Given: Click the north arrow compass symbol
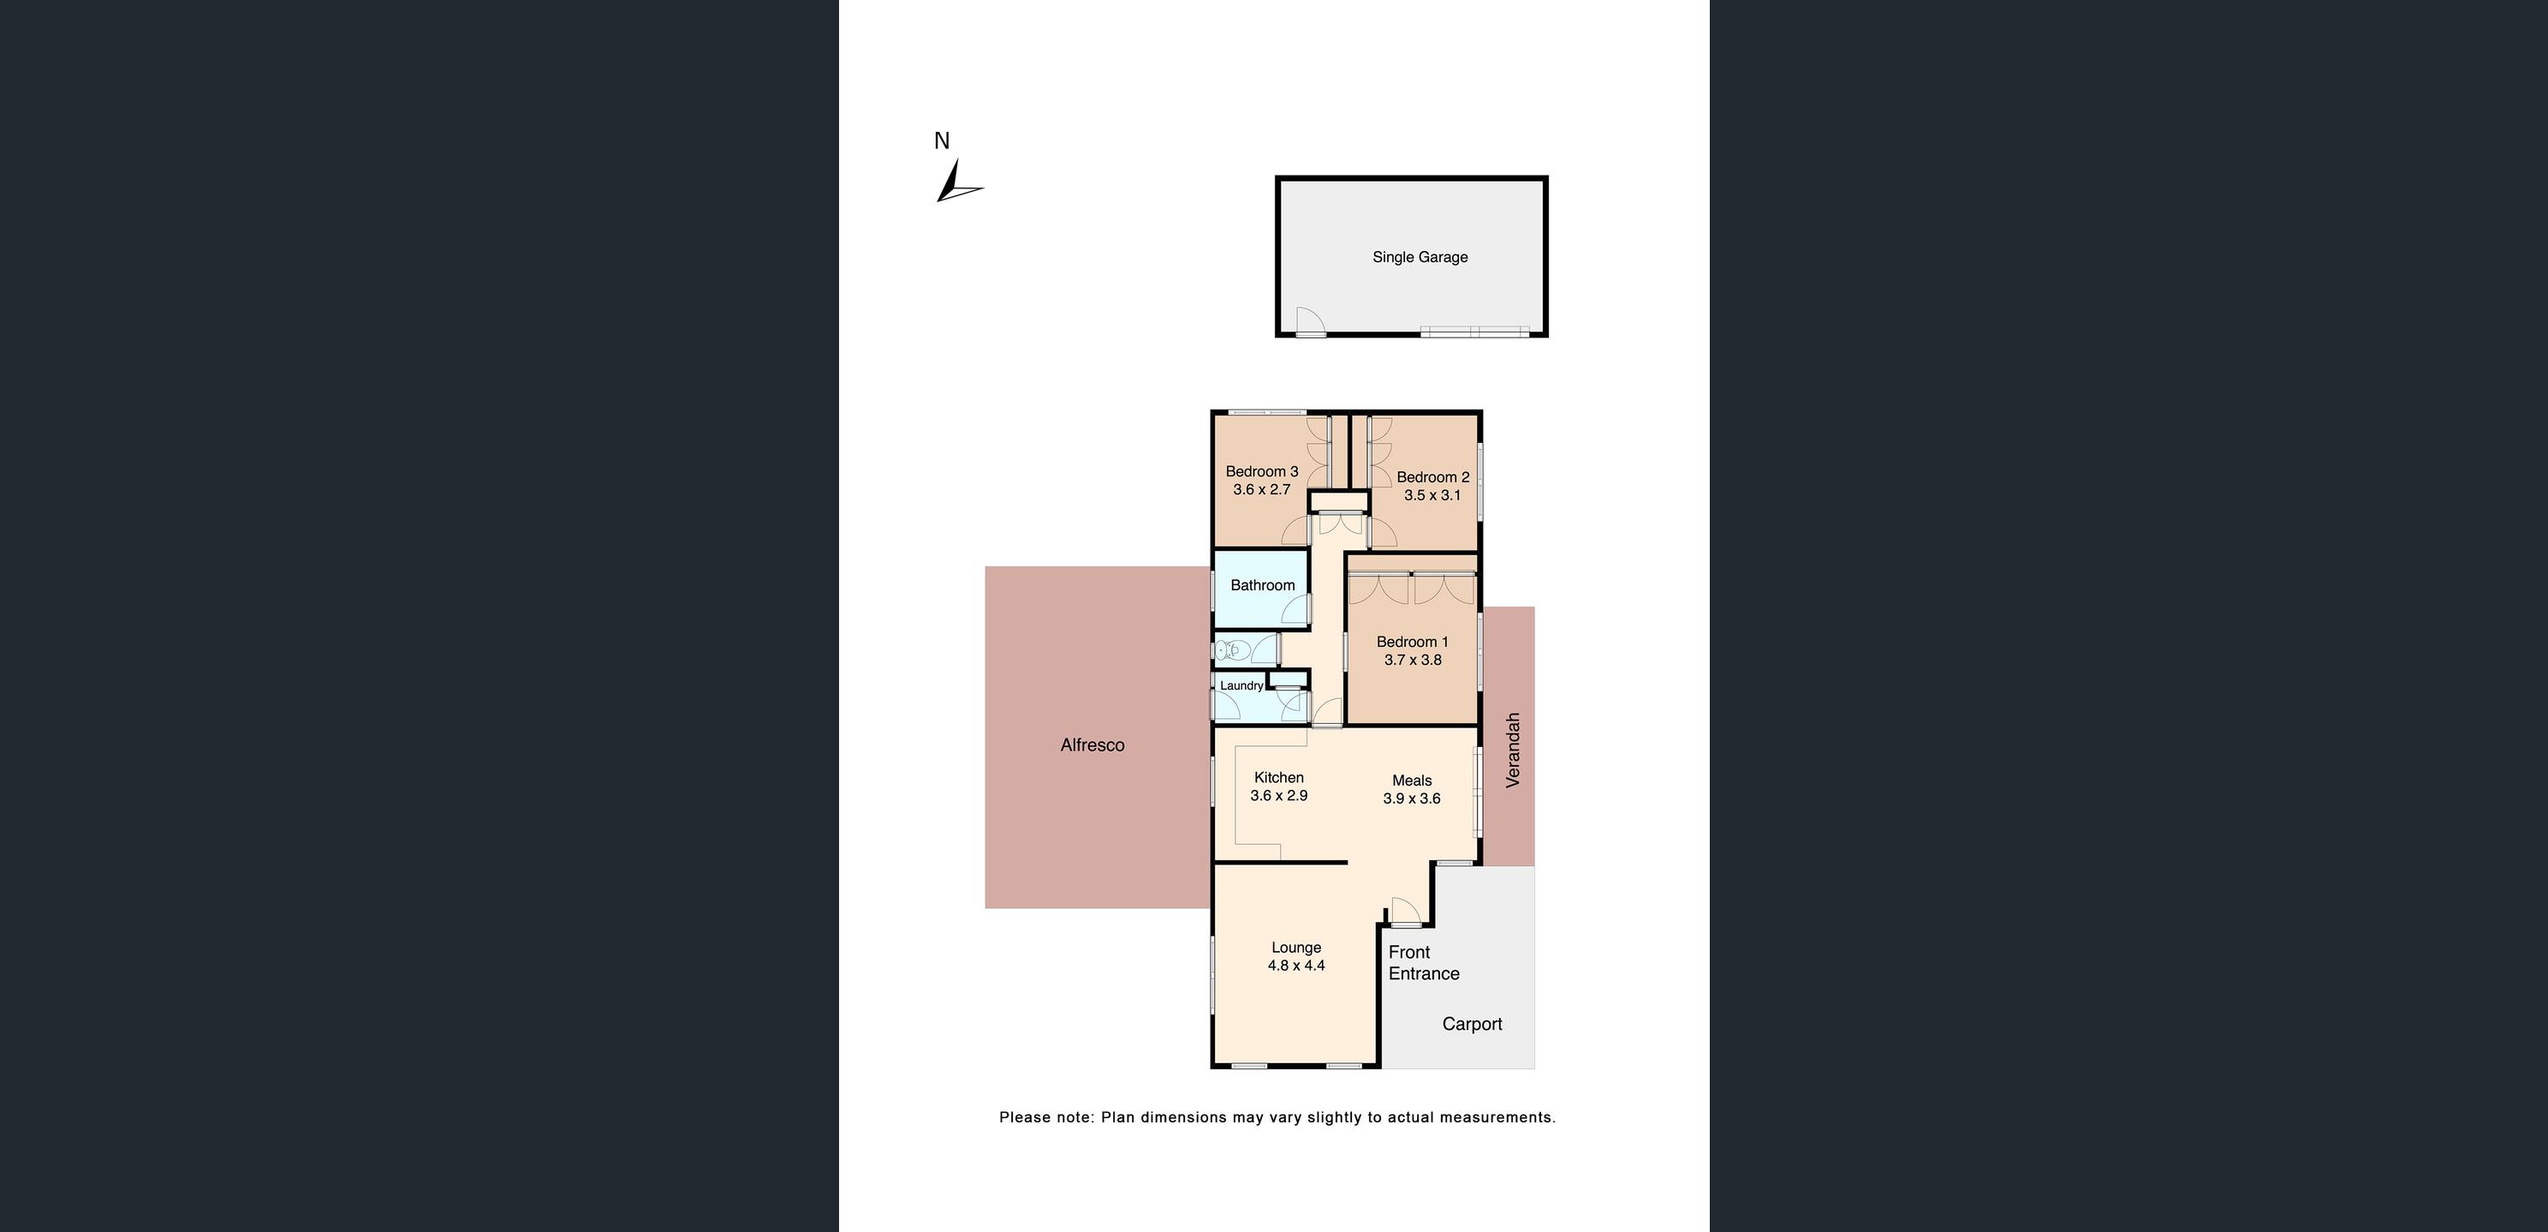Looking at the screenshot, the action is pyautogui.click(x=955, y=184).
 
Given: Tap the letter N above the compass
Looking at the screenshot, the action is pyautogui.click(x=942, y=141).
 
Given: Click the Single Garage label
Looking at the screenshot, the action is pyautogui.click(x=1420, y=257).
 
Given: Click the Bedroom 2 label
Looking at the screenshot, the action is pyautogui.click(x=1432, y=477).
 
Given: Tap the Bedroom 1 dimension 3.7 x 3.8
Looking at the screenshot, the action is pyautogui.click(x=1413, y=660).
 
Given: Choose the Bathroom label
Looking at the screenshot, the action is pyautogui.click(x=1262, y=585).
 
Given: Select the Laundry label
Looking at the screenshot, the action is pyautogui.click(x=1241, y=685).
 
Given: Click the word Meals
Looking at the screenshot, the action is pyautogui.click(x=1412, y=780).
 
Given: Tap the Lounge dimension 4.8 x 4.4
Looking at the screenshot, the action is pyautogui.click(x=1295, y=966).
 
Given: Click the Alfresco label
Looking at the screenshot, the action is pyautogui.click(x=1092, y=745).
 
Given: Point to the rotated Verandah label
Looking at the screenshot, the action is pyautogui.click(x=1511, y=751).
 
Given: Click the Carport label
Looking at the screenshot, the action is pyautogui.click(x=1472, y=1024).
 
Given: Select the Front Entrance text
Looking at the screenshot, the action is pyautogui.click(x=1423, y=963).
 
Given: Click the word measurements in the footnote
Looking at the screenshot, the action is pyautogui.click(x=1497, y=1117).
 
